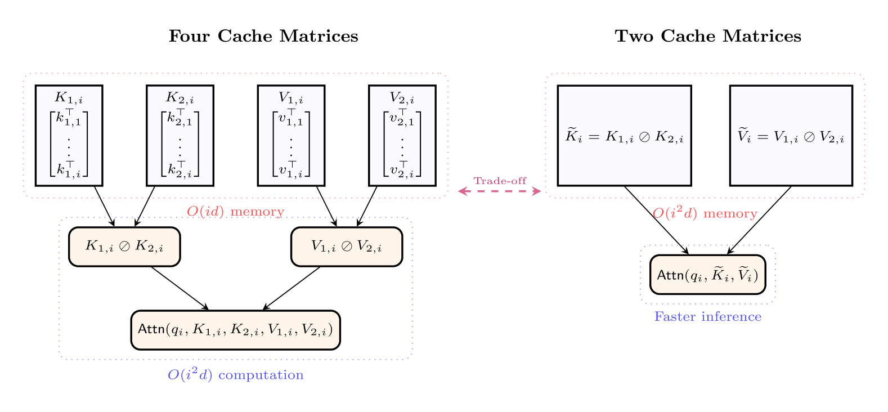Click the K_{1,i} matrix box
tap(69, 135)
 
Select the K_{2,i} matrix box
tap(180, 135)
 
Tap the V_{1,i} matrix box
tap(291, 135)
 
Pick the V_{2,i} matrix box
tap(402, 135)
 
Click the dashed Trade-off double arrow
tap(499, 191)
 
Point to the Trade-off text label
tap(500, 181)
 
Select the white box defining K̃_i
tap(624, 135)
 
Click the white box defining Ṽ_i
tap(791, 135)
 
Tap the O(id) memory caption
tap(235, 212)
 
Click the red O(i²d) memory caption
tap(705, 213)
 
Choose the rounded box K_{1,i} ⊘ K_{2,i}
tap(124, 247)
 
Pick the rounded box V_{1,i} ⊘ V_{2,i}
tap(347, 247)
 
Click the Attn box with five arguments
tap(235, 330)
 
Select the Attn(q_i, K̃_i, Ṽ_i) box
tap(707, 275)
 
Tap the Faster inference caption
tap(707, 317)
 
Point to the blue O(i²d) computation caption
tap(235, 375)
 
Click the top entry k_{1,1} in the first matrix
tap(69, 118)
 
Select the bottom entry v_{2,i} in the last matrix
tap(402, 170)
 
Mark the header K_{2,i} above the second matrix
tap(180, 98)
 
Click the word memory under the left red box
tap(257, 212)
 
